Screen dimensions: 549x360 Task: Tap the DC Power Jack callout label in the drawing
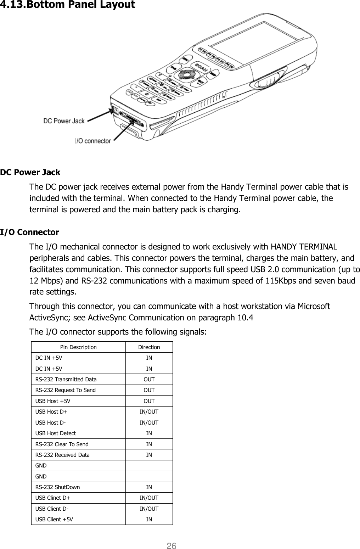tap(64, 121)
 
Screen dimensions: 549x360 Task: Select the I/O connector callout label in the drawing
tap(92, 141)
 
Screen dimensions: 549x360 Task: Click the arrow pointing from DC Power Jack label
tap(97, 116)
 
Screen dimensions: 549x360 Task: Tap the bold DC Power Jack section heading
tap(30, 173)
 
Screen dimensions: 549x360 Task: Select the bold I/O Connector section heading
tap(30, 233)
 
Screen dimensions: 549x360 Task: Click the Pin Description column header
tap(78, 347)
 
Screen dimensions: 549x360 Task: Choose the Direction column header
tap(149, 347)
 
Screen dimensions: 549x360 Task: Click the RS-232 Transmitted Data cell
tap(66, 379)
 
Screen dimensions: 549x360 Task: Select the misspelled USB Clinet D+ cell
tap(52, 498)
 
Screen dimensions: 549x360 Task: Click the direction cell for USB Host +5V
tap(149, 401)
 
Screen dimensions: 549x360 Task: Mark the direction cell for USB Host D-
tap(149, 422)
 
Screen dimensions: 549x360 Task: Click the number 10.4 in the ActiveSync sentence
tap(245, 317)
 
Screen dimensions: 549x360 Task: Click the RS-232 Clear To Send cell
tap(62, 444)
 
